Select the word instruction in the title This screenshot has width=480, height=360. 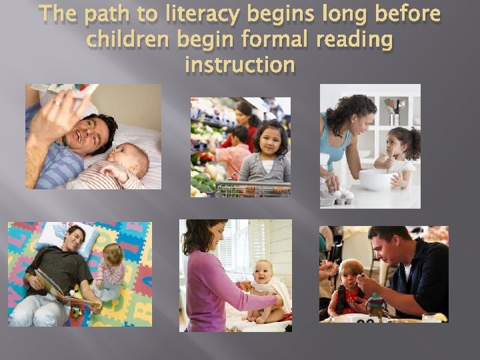point(239,65)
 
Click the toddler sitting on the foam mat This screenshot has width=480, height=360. point(110,271)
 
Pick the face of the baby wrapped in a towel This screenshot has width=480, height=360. point(262,273)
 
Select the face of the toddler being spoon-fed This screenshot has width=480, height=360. point(351,274)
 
